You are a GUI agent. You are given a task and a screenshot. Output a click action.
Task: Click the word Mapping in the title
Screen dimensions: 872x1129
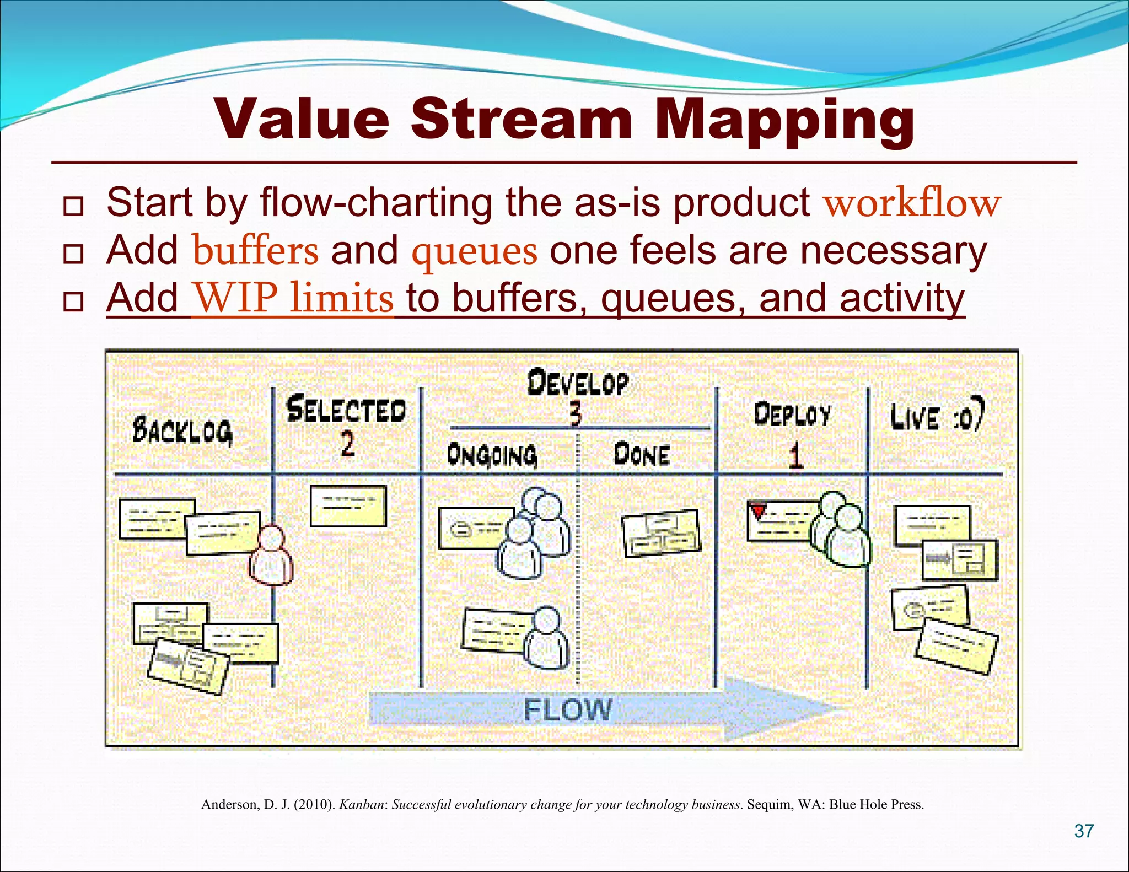pyautogui.click(x=784, y=120)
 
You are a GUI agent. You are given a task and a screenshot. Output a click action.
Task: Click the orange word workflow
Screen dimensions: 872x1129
pyautogui.click(x=912, y=203)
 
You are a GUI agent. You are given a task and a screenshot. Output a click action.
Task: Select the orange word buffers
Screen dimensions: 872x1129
pyautogui.click(x=255, y=251)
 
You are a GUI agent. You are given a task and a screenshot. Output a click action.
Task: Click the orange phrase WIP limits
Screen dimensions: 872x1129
pyautogui.click(x=293, y=299)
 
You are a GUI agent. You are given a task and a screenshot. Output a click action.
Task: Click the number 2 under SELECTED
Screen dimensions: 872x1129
pyautogui.click(x=347, y=444)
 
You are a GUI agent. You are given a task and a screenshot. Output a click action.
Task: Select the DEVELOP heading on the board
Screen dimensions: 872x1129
pyautogui.click(x=577, y=383)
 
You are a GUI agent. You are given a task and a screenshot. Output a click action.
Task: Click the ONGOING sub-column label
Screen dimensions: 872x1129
pyautogui.click(x=492, y=455)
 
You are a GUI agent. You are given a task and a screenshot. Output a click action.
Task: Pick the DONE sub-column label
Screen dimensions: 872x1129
pyautogui.click(x=642, y=455)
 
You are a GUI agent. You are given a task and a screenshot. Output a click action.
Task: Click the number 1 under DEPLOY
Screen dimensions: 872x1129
pyautogui.click(x=794, y=456)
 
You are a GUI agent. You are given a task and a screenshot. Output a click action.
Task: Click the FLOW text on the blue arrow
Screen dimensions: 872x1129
pyautogui.click(x=568, y=710)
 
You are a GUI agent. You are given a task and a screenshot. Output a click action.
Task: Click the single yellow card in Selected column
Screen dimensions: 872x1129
pyautogui.click(x=348, y=506)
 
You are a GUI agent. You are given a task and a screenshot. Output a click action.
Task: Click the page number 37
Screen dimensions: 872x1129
pyautogui.click(x=1084, y=831)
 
